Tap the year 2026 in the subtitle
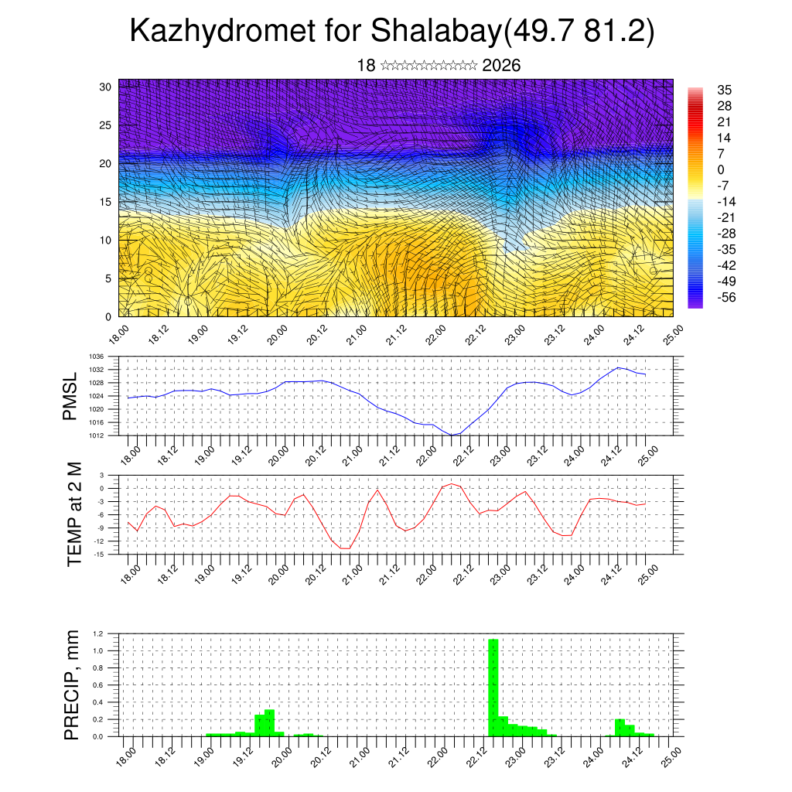pos(501,66)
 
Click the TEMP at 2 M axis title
pos(74,514)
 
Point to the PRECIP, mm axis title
pos(72,685)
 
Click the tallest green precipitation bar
pos(493,687)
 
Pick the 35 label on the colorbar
pos(725,90)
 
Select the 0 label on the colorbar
pos(721,169)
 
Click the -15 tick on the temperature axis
pos(99,554)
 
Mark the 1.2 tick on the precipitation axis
pos(98,633)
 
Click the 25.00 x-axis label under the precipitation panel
pos(671,756)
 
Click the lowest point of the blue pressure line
pos(452,435)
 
